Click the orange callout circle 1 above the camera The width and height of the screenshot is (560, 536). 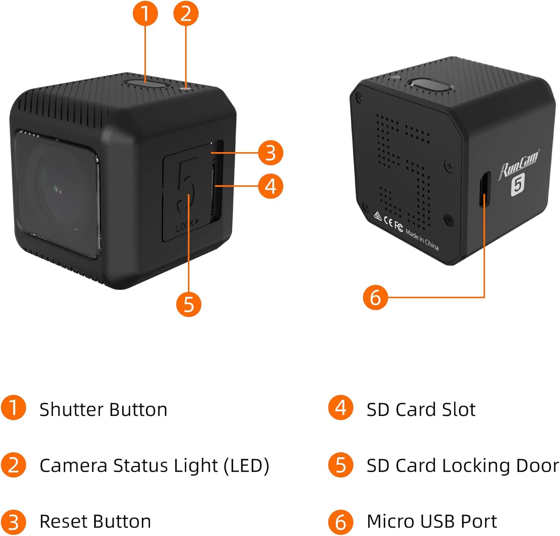(145, 13)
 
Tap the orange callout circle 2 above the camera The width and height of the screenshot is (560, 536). (186, 13)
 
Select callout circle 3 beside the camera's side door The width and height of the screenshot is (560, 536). (271, 153)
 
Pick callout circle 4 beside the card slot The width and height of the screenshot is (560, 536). (271, 186)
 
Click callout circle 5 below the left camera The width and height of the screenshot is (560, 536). (189, 304)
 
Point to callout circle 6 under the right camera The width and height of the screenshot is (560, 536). (376, 297)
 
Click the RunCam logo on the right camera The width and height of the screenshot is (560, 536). (519, 165)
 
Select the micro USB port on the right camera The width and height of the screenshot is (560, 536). (485, 190)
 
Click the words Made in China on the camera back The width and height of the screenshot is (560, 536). (422, 239)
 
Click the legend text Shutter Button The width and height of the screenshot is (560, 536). (103, 409)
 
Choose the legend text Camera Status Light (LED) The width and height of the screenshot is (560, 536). (154, 465)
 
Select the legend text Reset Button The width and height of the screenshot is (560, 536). (95, 521)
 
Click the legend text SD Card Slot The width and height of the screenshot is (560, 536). (421, 409)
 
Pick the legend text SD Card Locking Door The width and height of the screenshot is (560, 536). (462, 465)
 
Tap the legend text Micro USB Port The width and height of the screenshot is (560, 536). (432, 521)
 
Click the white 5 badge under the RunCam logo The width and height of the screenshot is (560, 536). (518, 184)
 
